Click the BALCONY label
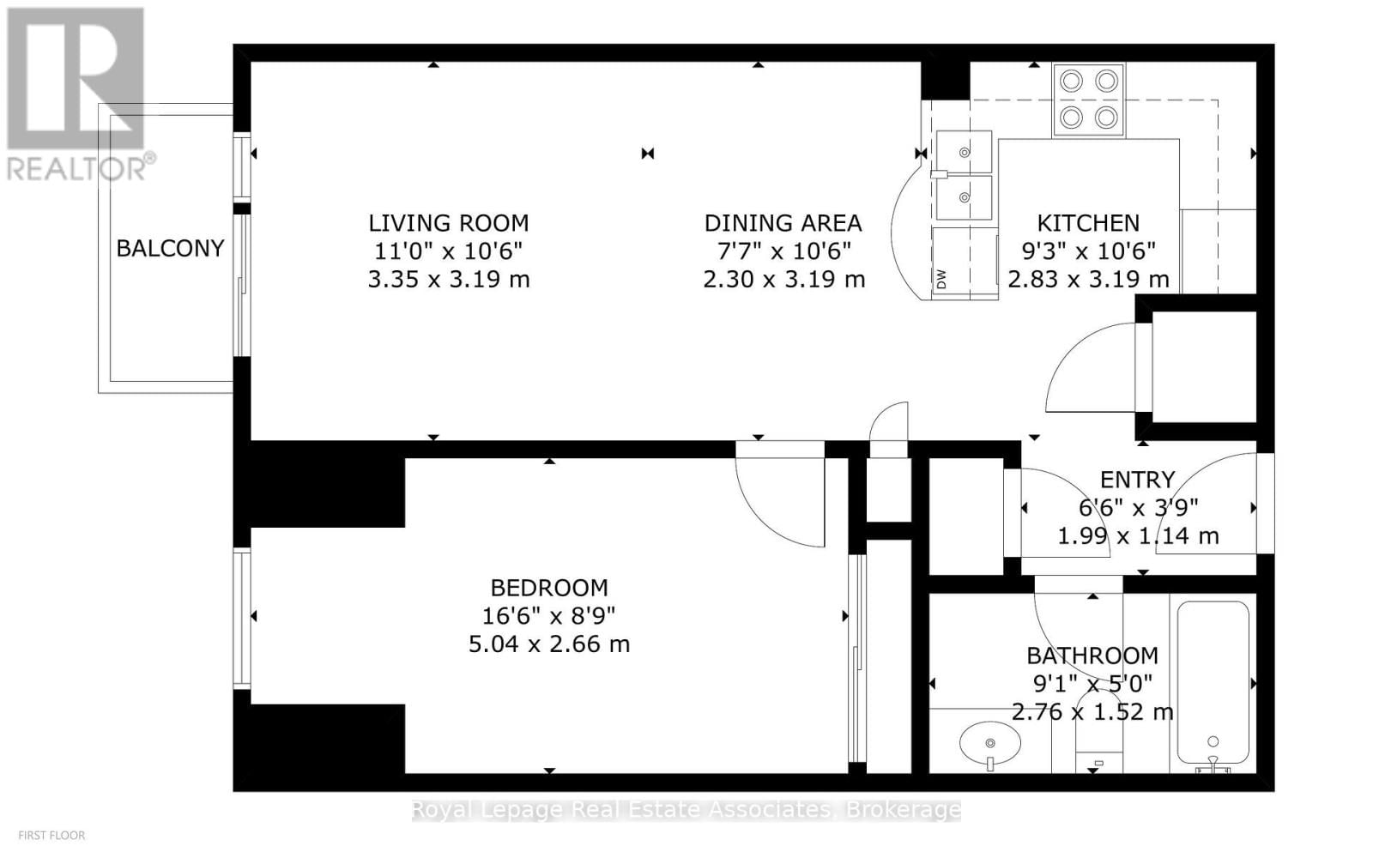(170, 249)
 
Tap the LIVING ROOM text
(448, 223)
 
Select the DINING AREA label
(783, 223)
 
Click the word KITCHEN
(1088, 223)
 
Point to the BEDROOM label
(549, 588)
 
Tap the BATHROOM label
(1092, 656)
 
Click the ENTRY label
(1137, 480)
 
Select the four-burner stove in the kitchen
(1088, 100)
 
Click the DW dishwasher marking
(941, 279)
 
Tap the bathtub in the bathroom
(1213, 682)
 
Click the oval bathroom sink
(990, 743)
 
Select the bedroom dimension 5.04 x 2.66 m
(549, 644)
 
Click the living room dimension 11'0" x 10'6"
(448, 251)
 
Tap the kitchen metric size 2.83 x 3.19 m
(1088, 280)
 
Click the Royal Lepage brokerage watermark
(686, 810)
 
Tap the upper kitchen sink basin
(964, 152)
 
